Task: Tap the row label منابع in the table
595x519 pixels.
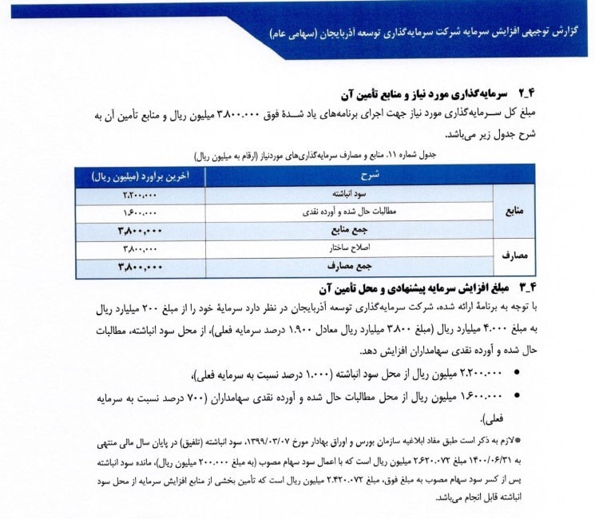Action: [512, 211]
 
